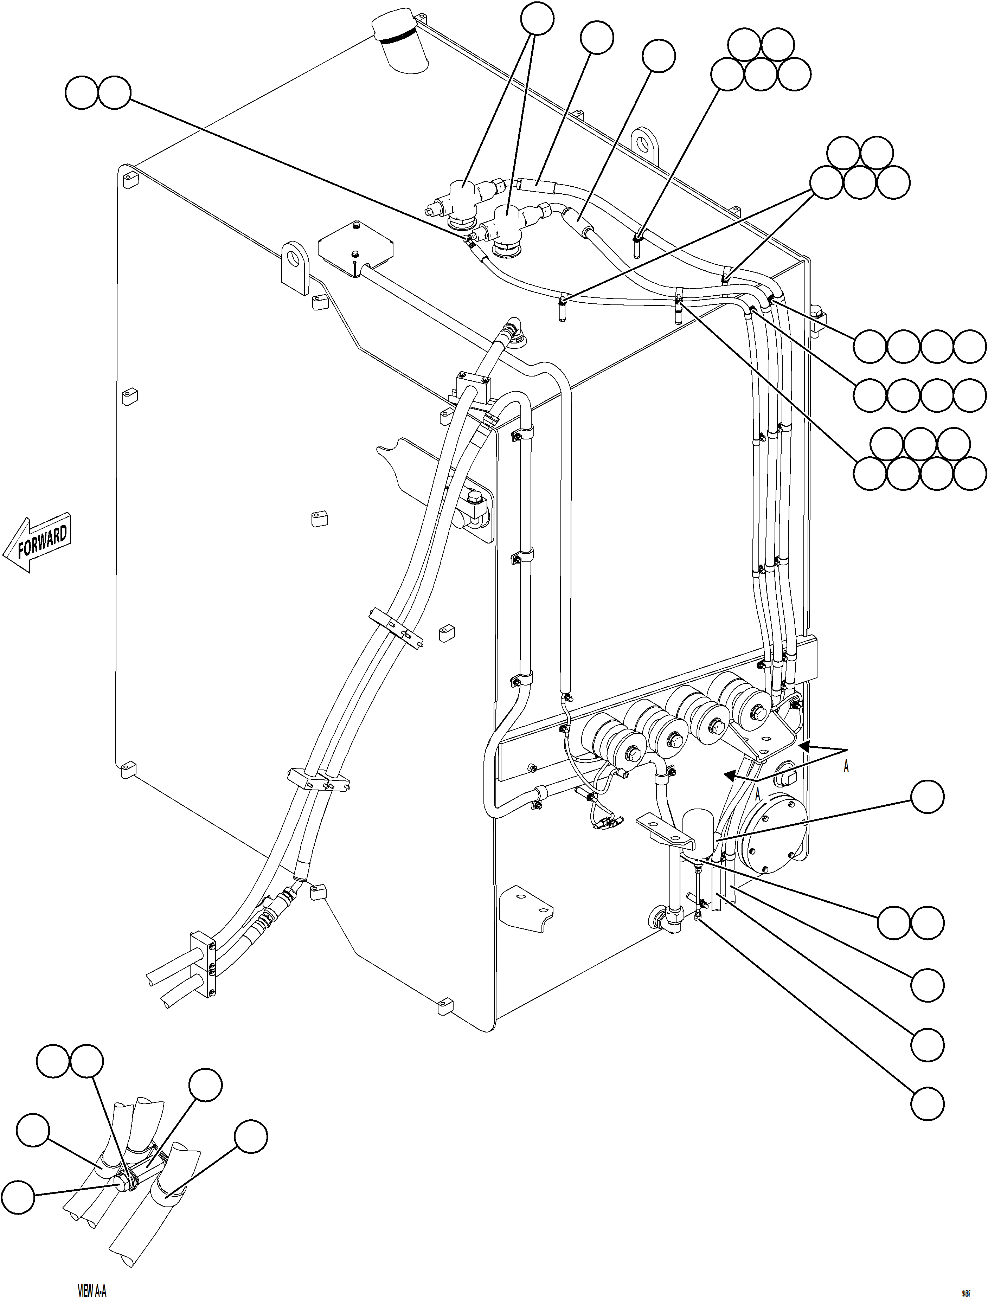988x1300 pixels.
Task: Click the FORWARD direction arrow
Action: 39,543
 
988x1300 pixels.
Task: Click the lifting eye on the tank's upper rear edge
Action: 646,144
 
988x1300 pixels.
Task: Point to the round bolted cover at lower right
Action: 773,835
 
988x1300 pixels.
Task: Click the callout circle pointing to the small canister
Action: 928,797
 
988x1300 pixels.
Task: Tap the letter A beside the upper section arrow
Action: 846,767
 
